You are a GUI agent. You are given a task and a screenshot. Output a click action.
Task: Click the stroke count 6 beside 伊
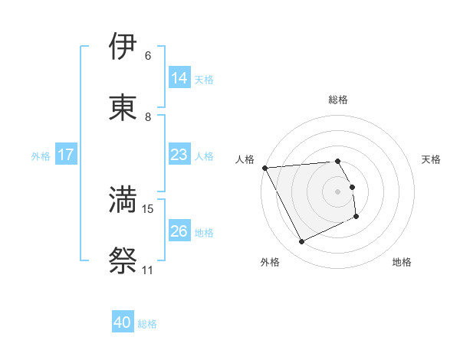click(x=148, y=56)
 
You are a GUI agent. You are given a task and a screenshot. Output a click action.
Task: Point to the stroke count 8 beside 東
click(x=148, y=117)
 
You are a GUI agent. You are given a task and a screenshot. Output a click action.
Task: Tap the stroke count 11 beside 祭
click(x=148, y=270)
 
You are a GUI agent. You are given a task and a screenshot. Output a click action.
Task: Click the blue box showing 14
click(x=179, y=77)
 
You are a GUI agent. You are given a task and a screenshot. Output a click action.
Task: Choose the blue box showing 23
click(x=179, y=155)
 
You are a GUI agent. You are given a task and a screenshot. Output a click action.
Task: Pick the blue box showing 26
click(x=179, y=231)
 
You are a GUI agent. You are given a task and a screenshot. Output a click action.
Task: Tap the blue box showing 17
click(x=66, y=155)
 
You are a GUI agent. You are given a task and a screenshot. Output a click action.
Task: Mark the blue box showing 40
click(x=123, y=322)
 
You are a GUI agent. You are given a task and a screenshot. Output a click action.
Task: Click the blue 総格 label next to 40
click(x=147, y=324)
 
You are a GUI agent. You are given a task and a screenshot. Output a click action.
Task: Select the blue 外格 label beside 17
click(x=41, y=155)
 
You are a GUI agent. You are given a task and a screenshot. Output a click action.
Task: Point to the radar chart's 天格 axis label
click(x=432, y=159)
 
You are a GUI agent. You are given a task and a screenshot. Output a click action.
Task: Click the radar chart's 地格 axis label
click(x=402, y=262)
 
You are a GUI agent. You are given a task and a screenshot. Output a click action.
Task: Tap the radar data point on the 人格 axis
click(x=264, y=168)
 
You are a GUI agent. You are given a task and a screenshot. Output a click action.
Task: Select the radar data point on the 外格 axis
click(x=302, y=242)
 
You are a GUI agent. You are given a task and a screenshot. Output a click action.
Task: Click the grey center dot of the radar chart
click(x=337, y=191)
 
